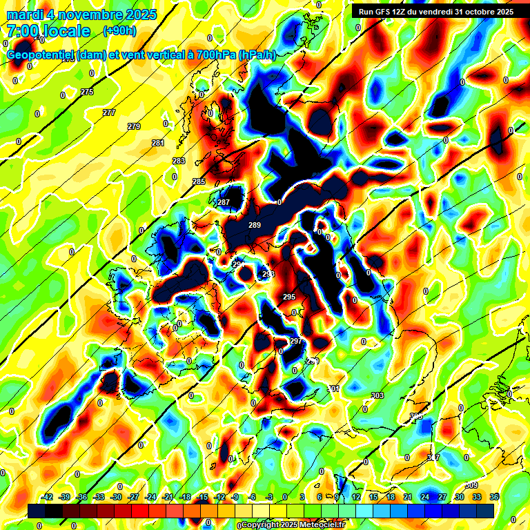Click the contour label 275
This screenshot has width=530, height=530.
[87, 92]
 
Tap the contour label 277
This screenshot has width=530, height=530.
[109, 112]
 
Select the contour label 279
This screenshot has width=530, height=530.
[134, 126]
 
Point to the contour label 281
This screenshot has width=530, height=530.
[158, 143]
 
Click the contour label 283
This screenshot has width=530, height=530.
[179, 161]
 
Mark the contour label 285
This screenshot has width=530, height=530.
[199, 181]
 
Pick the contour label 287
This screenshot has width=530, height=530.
[224, 202]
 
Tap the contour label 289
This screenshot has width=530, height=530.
[255, 226]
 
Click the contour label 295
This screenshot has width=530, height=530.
[289, 297]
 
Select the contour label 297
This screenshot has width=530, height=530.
[295, 341]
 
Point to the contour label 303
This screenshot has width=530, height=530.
[377, 395]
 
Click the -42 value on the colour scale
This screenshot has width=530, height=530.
[48, 497]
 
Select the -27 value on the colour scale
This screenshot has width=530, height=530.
[133, 497]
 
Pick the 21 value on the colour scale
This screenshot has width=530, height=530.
[407, 497]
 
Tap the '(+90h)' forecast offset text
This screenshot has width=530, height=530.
[119, 31]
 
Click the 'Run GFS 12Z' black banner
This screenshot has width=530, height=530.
[435, 11]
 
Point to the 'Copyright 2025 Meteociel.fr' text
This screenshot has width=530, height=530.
[293, 524]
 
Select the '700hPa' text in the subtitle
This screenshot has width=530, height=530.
[213, 55]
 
